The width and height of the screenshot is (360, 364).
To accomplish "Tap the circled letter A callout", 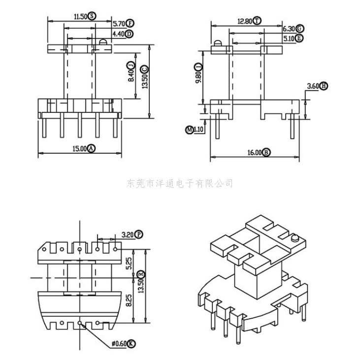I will [91, 148].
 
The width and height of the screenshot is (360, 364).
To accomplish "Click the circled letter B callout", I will [266, 153].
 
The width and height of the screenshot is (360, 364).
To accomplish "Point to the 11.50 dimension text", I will [80, 16].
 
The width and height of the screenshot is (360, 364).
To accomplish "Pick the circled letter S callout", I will [93, 16].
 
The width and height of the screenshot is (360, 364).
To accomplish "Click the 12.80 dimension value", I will [245, 21].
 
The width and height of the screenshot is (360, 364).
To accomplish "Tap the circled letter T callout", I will [258, 21].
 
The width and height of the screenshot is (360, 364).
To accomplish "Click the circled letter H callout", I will [324, 86].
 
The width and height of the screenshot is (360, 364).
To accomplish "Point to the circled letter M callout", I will [189, 130].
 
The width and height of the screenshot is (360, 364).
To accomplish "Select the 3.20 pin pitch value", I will [127, 235].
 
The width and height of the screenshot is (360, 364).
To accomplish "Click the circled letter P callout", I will [139, 235].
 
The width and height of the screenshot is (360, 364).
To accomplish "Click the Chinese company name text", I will [180, 184].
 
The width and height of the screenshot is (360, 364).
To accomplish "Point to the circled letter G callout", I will [300, 29].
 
